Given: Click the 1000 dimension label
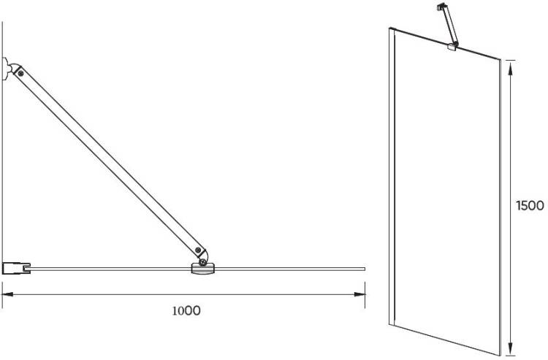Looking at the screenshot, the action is [186, 310].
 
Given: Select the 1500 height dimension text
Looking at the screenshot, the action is [530, 206].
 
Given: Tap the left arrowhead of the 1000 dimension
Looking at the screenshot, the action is [8, 294].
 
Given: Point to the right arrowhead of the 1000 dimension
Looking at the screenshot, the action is [359, 294].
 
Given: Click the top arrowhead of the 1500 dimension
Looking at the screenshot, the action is [511, 65].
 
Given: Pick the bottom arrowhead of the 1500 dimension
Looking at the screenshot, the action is [511, 350].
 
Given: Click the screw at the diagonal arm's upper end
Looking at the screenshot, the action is [21, 73].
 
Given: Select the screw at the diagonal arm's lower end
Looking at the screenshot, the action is [198, 250].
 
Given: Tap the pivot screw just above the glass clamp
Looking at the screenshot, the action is [202, 262].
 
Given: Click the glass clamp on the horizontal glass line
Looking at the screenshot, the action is [202, 269].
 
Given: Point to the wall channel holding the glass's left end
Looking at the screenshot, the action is [16, 269].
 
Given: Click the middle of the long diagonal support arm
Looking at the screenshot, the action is [110, 161].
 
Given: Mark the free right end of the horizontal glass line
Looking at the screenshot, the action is [365, 269].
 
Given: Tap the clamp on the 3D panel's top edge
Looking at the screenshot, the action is [452, 47].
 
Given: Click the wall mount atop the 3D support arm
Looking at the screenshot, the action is [442, 7].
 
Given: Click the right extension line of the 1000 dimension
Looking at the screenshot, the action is [365, 296].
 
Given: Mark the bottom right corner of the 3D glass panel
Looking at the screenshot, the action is [500, 356].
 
